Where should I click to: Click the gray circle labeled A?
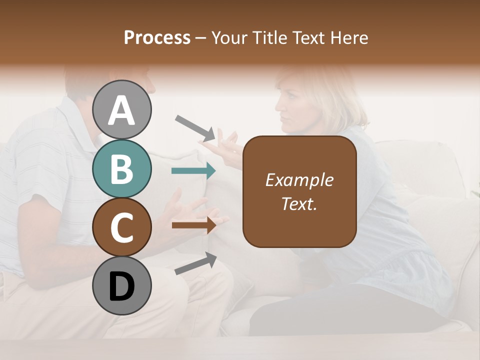(122, 109)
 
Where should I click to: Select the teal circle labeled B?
(122, 168)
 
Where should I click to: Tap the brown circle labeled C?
(122, 227)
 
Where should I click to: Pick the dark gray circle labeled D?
(122, 285)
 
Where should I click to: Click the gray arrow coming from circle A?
(195, 128)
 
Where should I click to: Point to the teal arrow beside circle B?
(193, 171)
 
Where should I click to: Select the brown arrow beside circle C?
(193, 225)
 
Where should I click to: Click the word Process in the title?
(157, 37)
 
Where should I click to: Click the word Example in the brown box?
(299, 180)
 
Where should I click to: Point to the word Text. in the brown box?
(299, 203)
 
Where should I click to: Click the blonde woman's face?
(290, 107)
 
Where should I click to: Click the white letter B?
(122, 169)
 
